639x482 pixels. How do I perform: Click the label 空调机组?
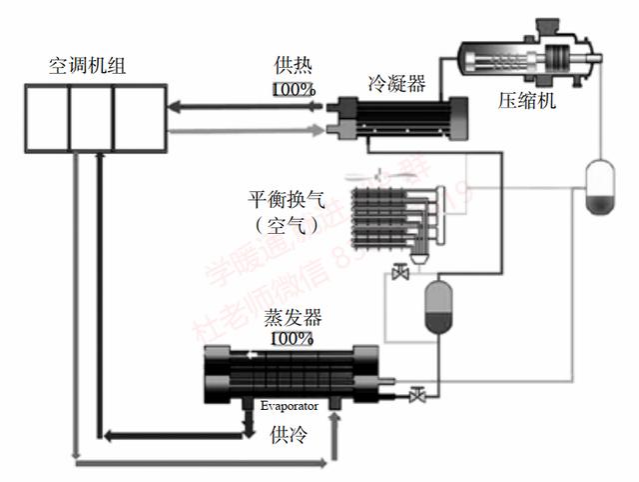pos(88,67)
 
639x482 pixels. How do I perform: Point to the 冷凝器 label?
pos(396,80)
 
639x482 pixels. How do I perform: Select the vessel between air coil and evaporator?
pos(437,307)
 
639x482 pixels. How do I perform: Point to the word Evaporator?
pos(290,406)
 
